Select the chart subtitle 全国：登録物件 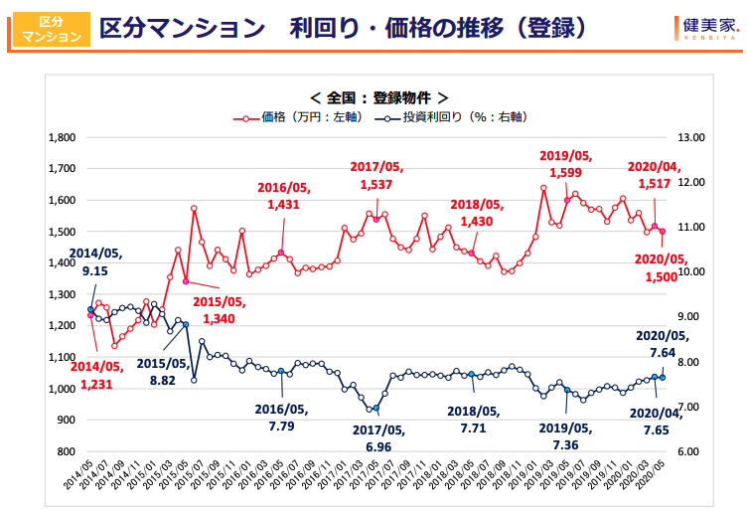tap(378, 97)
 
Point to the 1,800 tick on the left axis tap(62, 137)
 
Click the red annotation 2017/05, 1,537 tap(376, 175)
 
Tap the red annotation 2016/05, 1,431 tap(284, 195)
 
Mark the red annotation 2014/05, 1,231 tap(97, 374)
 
